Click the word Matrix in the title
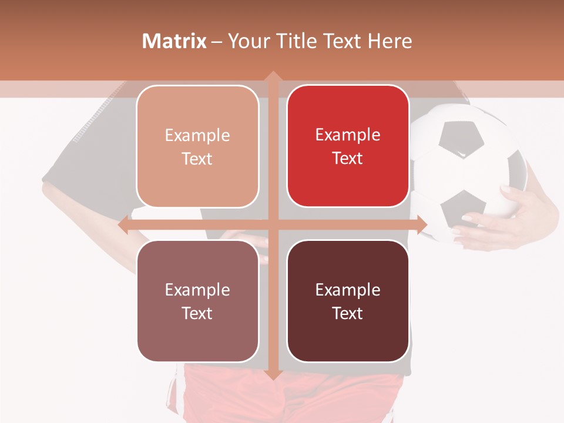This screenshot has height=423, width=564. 174,41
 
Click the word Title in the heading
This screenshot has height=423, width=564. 300,41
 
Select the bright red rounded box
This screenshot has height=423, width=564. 348,146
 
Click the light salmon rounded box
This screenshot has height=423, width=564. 197,146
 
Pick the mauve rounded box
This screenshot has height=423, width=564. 197,301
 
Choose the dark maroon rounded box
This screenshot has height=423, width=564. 348,301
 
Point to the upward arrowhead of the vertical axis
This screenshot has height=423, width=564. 273,76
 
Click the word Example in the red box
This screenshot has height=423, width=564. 348,135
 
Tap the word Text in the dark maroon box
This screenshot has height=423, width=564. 348,313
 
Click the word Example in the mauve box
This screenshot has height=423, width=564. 197,290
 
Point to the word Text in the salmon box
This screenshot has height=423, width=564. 197,159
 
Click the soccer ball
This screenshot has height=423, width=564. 470,170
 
